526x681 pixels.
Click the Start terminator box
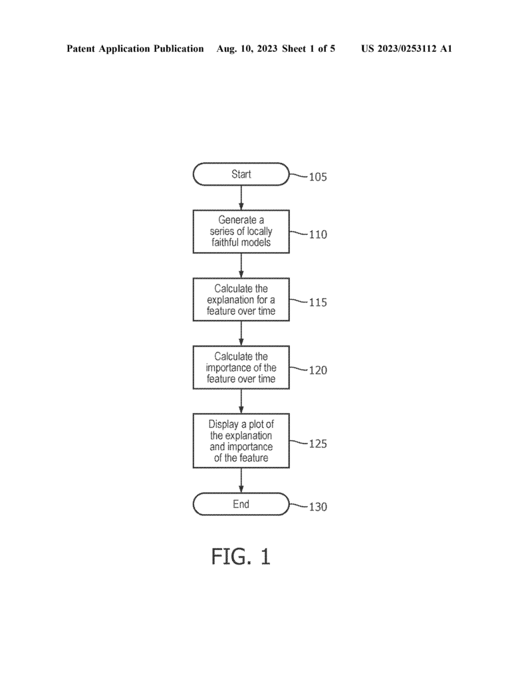pos(241,174)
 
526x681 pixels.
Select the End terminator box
pos(241,504)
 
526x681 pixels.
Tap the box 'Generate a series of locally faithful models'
pos(241,231)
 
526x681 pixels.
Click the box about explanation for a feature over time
pos(241,299)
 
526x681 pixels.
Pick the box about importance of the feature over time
pos(241,367)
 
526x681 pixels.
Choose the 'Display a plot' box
pos(241,440)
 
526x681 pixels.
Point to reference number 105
pos(317,177)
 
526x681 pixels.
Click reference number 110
pos(317,235)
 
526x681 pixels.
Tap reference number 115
pos(317,303)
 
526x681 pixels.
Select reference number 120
pos(317,370)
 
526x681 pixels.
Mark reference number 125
pos(317,444)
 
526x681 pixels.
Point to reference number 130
pos(317,506)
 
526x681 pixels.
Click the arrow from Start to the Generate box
pos(241,198)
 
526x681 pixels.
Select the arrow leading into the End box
pos(241,480)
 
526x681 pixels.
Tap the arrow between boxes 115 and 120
pos(241,334)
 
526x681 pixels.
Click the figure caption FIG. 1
pos(241,557)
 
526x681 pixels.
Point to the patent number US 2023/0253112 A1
pos(406,49)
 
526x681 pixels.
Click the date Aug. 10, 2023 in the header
pos(247,49)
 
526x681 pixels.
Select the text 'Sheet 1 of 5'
pos(309,49)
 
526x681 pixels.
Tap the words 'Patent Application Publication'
pos(135,49)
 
